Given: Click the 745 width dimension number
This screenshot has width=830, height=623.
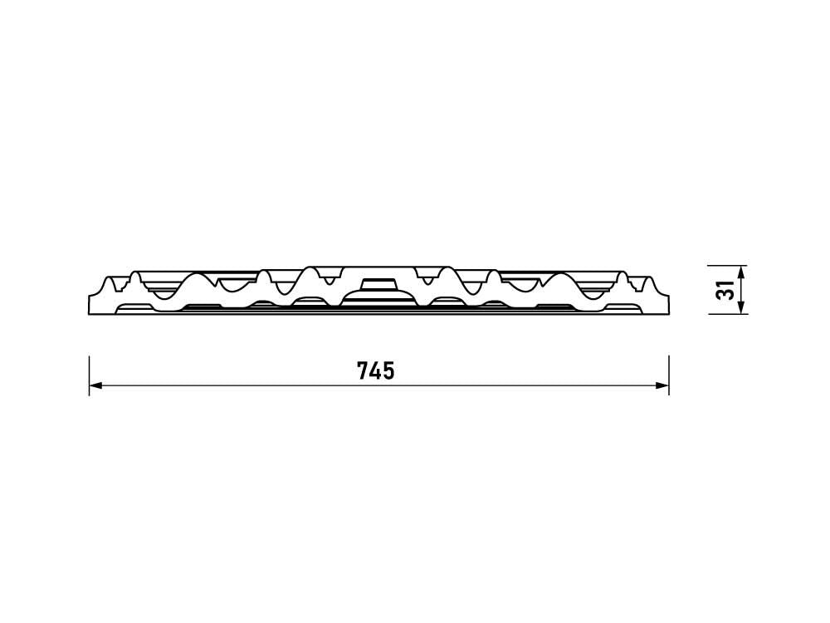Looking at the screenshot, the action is (x=376, y=370).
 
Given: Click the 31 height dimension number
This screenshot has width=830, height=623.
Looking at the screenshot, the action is (x=725, y=290).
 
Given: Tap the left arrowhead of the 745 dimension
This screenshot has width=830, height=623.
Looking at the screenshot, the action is (x=95, y=385).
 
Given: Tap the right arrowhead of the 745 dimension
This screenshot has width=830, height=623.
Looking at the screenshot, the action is (x=662, y=385).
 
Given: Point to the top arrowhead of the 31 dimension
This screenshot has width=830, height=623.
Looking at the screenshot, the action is (x=741, y=272).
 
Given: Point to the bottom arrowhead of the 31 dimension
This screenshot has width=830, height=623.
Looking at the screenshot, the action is (x=741, y=308).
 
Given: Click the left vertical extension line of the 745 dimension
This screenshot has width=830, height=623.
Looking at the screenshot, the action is (x=89, y=375).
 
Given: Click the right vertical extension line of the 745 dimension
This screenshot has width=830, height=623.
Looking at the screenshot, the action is (x=669, y=375).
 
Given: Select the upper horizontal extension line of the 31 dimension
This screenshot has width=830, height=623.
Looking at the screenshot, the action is (x=729, y=265).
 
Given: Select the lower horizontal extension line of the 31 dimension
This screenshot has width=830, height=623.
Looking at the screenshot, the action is (x=729, y=315).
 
